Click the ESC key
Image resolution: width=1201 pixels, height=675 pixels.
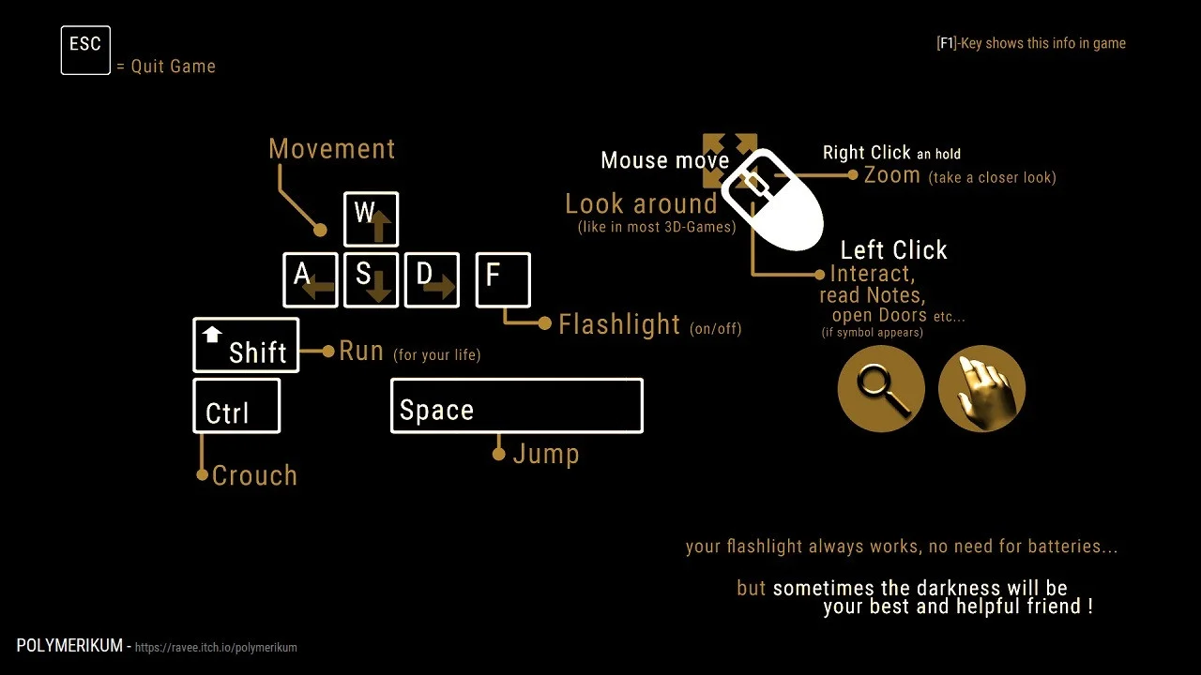[x=85, y=51]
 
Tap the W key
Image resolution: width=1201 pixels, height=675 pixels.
[x=371, y=219]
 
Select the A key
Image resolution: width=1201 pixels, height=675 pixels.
[x=311, y=280]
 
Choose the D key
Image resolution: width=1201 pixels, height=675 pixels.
[x=433, y=280]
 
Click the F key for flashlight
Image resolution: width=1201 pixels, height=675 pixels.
[x=504, y=280]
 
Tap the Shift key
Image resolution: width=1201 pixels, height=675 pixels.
[x=246, y=345]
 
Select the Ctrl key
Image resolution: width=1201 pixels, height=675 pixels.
[x=237, y=406]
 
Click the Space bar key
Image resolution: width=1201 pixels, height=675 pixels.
[x=517, y=406]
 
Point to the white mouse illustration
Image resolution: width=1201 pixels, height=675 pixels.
[x=772, y=200]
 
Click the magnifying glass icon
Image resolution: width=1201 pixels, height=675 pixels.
[x=881, y=389]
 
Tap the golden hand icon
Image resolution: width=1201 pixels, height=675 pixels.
[x=982, y=389]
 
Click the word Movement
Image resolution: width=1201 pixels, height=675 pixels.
[x=332, y=149]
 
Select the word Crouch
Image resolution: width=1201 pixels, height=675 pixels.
[x=254, y=475]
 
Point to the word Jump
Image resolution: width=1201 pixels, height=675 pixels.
[x=546, y=455]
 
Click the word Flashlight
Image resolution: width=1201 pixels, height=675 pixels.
[x=619, y=324]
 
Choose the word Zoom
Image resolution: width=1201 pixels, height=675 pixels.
[x=892, y=175]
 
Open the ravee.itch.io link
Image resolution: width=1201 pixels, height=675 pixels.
[x=216, y=647]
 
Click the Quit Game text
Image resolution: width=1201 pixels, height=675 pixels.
[x=174, y=67]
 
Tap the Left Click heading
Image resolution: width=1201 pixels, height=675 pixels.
[x=894, y=250]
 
